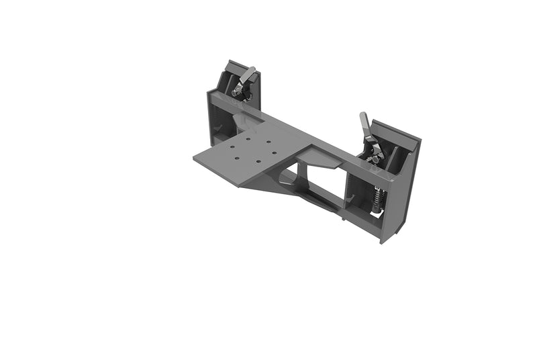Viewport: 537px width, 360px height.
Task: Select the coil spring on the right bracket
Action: [x=378, y=198]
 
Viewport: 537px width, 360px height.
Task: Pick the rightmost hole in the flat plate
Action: [x=273, y=152]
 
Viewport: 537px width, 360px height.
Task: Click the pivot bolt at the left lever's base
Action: [x=237, y=92]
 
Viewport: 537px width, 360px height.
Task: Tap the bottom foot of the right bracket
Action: [x=385, y=237]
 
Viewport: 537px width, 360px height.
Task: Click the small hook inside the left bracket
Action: [x=216, y=128]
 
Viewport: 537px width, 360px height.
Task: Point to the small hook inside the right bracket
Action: [x=350, y=199]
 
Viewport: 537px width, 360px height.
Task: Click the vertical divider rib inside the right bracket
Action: [x=395, y=161]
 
